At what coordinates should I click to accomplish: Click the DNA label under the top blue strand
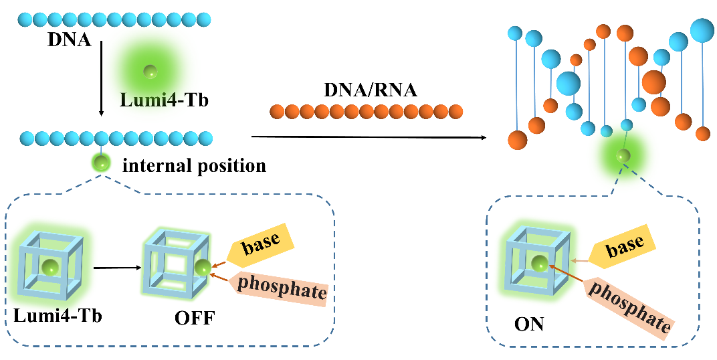coord(69,39)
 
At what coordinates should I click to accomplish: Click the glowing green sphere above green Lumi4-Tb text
coord(150,70)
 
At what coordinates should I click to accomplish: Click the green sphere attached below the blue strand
coord(102,162)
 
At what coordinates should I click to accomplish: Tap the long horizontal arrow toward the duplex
coord(368,137)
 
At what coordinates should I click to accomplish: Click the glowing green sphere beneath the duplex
coord(623,156)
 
